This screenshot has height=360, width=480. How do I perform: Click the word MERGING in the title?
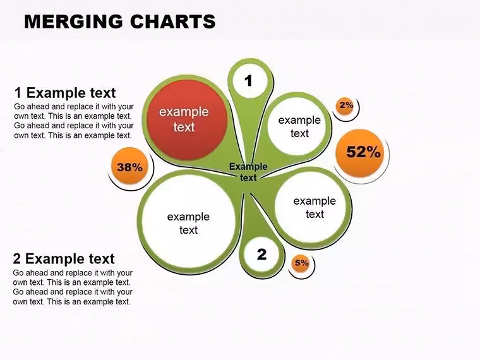click(x=74, y=21)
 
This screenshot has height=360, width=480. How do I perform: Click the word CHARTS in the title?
click(x=173, y=21)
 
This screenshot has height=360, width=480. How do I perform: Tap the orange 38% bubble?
click(x=130, y=166)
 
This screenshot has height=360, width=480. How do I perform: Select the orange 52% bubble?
click(x=360, y=153)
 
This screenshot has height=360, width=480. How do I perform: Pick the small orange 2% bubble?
click(x=345, y=106)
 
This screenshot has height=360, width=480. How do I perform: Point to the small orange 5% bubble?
click(x=301, y=263)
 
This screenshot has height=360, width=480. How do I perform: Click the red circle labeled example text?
click(x=187, y=120)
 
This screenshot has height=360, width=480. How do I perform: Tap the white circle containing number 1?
click(x=250, y=81)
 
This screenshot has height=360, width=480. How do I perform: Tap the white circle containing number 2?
click(x=261, y=255)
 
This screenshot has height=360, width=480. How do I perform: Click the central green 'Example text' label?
click(x=248, y=172)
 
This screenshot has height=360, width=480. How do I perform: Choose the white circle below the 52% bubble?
click(x=310, y=207)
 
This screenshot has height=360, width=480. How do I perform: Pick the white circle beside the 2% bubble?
click(x=297, y=126)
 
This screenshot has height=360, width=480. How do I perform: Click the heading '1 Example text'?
click(x=65, y=93)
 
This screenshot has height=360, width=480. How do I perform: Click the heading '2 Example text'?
click(x=64, y=259)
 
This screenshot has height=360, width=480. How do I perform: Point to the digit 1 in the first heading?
click(x=18, y=93)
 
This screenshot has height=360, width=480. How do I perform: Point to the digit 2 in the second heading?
click(x=17, y=259)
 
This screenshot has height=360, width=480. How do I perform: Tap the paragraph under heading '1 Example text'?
click(x=74, y=121)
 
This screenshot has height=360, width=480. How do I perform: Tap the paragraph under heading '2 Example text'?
click(x=73, y=287)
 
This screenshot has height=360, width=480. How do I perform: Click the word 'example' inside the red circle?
click(x=184, y=112)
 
